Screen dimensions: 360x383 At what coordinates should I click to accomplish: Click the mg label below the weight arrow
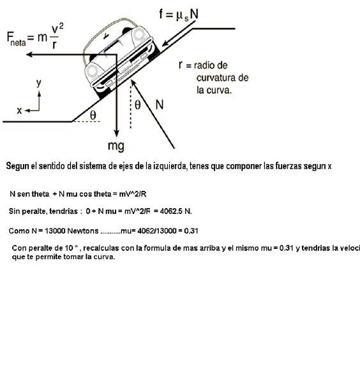click(116, 146)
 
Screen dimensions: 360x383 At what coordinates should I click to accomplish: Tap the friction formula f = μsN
click(179, 15)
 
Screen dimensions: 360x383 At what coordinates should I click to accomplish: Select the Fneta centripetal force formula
click(35, 36)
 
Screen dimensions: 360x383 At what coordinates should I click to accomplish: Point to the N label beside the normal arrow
click(160, 105)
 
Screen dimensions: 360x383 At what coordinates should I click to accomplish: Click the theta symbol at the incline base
click(93, 115)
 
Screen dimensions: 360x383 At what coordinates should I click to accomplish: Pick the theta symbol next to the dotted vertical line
click(138, 105)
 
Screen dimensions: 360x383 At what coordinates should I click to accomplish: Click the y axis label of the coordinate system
click(39, 83)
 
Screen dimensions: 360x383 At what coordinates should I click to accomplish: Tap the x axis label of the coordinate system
click(19, 110)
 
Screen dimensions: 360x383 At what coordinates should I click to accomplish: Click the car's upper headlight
click(139, 34)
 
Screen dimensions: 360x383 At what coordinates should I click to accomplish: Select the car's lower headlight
click(92, 71)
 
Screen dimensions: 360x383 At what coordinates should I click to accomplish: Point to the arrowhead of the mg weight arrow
click(117, 133)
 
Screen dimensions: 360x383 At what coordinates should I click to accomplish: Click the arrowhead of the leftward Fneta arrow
click(29, 54)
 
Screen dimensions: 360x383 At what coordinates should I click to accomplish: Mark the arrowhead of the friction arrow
click(165, 43)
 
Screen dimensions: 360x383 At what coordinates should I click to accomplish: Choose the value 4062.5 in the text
click(171, 211)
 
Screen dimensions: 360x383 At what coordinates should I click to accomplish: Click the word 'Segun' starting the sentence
click(18, 167)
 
